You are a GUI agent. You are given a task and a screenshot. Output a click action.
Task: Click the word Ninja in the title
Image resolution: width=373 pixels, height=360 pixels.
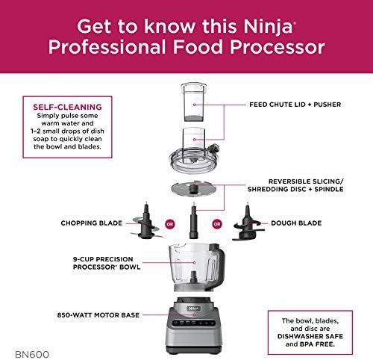(268, 27)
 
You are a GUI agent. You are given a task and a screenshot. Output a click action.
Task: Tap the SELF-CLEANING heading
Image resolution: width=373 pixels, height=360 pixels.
(67, 107)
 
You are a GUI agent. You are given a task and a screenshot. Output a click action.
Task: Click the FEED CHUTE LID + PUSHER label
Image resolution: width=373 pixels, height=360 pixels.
(295, 105)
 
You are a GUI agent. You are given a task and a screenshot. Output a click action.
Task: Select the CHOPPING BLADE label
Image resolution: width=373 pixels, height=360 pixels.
(92, 223)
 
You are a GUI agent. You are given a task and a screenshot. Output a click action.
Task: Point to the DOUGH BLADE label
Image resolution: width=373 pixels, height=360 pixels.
(296, 223)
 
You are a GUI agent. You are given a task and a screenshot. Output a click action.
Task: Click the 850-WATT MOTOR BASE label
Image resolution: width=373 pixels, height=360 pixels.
(98, 315)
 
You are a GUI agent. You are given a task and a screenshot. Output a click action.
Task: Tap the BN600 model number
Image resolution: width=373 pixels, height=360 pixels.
(32, 355)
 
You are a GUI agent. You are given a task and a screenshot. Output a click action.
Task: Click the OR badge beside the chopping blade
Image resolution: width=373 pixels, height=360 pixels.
(170, 224)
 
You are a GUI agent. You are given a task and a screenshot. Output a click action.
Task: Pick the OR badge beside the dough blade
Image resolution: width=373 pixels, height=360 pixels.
(217, 224)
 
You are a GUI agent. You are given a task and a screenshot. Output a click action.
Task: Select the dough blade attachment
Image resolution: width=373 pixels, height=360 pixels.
(248, 223)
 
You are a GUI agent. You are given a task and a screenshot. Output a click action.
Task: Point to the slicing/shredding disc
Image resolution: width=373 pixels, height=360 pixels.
(194, 189)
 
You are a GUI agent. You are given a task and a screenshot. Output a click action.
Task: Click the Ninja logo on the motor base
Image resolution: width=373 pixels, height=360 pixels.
(193, 308)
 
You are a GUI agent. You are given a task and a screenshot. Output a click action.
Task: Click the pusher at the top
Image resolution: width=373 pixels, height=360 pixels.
(194, 102)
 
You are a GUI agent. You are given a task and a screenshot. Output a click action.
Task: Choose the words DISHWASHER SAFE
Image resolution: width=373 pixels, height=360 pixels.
(310, 336)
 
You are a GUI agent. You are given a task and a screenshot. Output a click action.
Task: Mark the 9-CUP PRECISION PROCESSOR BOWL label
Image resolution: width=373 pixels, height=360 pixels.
(107, 263)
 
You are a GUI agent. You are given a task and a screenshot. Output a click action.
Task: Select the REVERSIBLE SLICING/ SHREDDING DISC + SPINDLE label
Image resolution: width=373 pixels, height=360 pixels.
(295, 185)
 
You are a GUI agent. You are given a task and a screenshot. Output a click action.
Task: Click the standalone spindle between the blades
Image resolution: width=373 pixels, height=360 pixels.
(194, 220)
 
